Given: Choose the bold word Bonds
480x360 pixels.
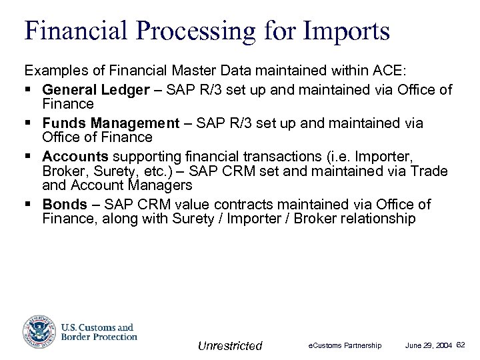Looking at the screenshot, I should click(x=65, y=205).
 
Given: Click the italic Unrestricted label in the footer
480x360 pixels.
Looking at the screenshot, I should click(x=230, y=345).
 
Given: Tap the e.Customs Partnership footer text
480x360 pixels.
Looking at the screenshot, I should click(x=344, y=345).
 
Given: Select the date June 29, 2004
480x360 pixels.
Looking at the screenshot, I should click(x=429, y=345).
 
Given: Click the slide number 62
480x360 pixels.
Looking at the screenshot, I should click(x=461, y=344).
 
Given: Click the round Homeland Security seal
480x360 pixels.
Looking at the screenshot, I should click(x=38, y=331).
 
